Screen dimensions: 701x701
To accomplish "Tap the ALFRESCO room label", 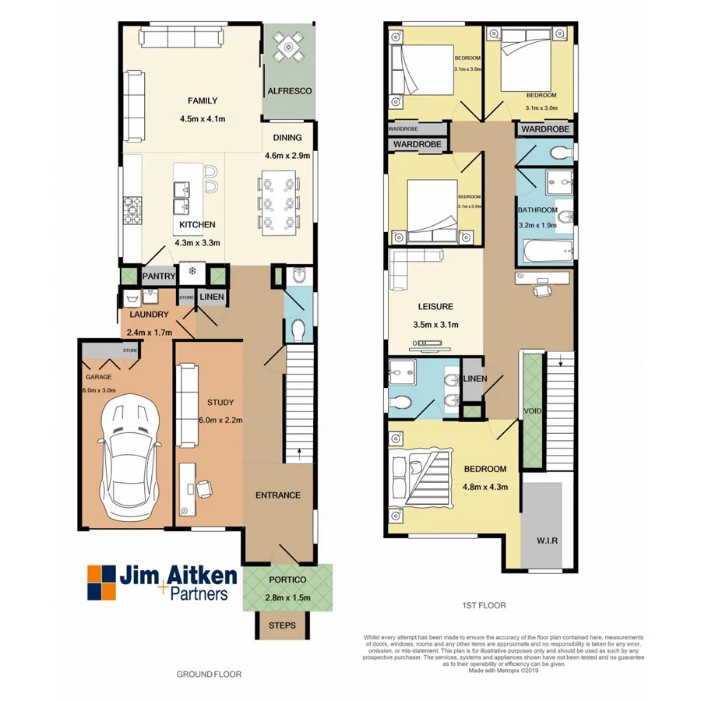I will (x=290, y=91).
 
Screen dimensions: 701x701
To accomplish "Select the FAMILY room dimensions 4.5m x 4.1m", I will (x=203, y=119).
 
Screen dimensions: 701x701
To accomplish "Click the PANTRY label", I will (x=158, y=275).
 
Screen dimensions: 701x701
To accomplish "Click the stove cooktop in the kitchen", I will (x=132, y=207).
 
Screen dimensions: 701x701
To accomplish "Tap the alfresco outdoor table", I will (x=290, y=48).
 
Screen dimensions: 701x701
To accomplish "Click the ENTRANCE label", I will (x=278, y=495).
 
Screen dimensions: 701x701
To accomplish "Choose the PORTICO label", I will (x=288, y=580).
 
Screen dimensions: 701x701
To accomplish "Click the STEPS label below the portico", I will (x=281, y=625).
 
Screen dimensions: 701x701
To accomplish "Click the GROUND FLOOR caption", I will (x=209, y=675).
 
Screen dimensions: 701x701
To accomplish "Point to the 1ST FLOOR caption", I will (x=484, y=604).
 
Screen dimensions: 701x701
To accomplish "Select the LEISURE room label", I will (x=435, y=307).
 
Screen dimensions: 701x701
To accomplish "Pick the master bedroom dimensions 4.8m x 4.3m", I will (x=485, y=487).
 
